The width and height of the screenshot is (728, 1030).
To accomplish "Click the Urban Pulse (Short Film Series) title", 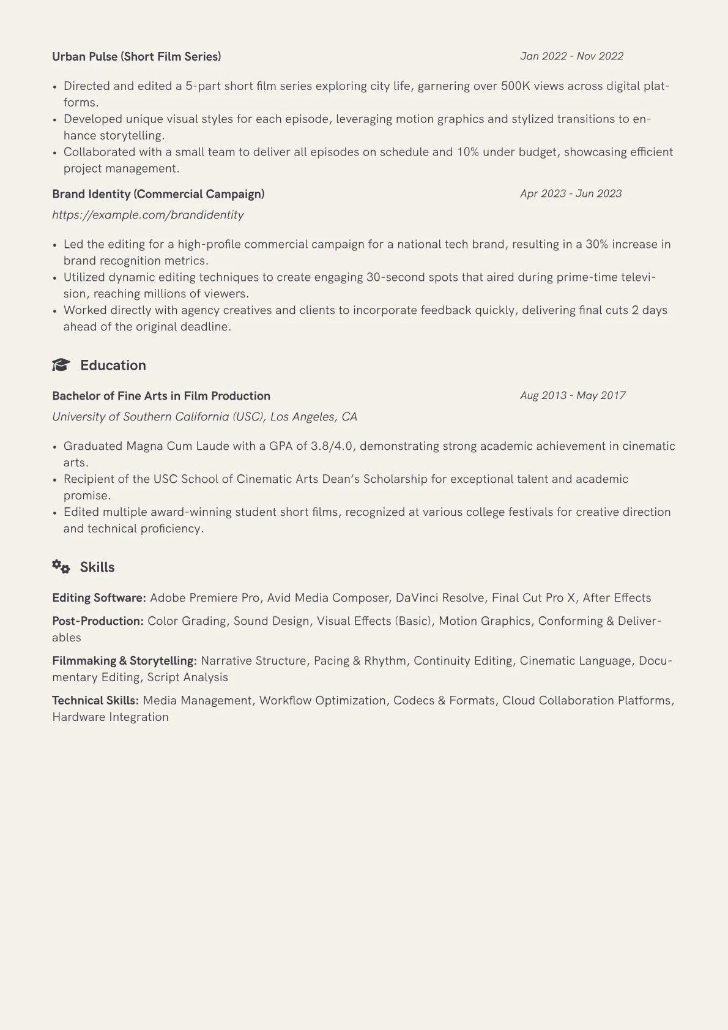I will tap(136, 57).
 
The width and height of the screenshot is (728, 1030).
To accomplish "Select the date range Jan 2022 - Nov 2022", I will tap(571, 56).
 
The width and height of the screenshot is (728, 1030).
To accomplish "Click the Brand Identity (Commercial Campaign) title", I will tap(158, 194).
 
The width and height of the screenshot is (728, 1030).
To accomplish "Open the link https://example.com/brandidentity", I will tap(147, 215).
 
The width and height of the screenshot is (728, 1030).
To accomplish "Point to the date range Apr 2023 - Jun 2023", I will tap(571, 194).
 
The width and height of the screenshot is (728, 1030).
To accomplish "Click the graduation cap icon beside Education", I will tap(61, 365).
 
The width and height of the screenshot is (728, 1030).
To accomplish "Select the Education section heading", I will tap(113, 365).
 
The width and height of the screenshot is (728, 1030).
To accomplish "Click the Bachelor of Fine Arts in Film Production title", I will tap(161, 396).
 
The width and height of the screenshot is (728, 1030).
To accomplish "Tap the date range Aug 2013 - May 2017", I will tap(573, 396).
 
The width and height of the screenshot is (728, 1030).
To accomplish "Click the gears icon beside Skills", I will tap(61, 567).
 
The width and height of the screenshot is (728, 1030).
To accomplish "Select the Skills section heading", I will tap(97, 567).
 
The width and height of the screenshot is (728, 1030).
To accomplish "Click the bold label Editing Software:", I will tap(99, 598).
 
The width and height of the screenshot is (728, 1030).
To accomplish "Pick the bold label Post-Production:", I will tap(98, 621).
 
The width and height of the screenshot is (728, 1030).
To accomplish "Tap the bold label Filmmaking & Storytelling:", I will tap(124, 661).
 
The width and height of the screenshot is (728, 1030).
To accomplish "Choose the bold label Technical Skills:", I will tap(95, 701).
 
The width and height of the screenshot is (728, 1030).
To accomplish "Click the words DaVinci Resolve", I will tap(440, 598).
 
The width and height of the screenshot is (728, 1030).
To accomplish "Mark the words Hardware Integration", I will tap(110, 717).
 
